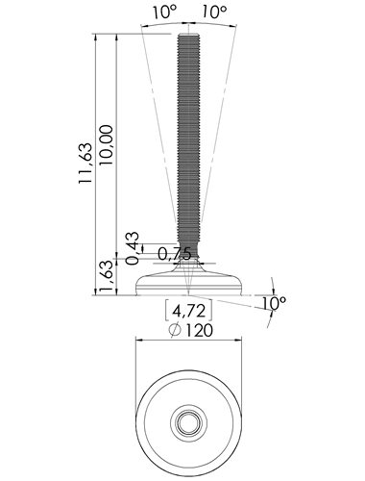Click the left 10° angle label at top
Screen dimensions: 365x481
point(164,12)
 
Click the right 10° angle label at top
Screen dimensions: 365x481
point(214,12)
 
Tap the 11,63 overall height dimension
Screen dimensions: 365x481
point(85,163)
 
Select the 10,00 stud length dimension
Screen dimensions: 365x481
point(106,145)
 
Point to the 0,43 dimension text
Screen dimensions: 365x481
point(133,248)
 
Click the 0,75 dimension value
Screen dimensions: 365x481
point(175,254)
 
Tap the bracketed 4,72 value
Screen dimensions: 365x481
point(188,311)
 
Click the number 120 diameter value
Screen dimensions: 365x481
point(199,331)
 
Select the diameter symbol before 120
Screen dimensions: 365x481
point(175,331)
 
